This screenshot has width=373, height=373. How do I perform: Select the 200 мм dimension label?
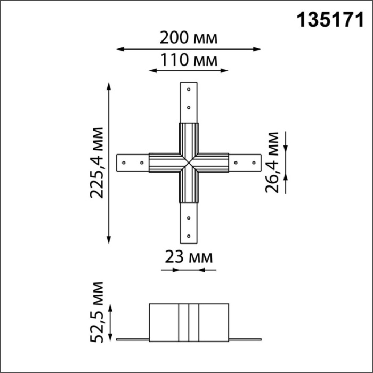pos(189,38)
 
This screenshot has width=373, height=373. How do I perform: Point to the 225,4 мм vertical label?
pos(96,163)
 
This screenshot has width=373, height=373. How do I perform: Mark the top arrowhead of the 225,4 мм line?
pos(110,86)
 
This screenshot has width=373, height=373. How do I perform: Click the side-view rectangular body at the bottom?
pos(189,321)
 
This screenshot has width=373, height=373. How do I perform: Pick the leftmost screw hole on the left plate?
pos(124,161)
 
